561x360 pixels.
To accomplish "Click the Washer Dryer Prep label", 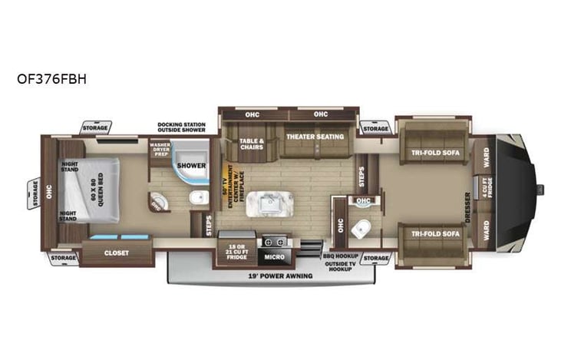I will pos(160,149).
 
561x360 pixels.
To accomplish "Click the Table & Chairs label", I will pos(250,145).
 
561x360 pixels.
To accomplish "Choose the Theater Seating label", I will pos(314,137).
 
